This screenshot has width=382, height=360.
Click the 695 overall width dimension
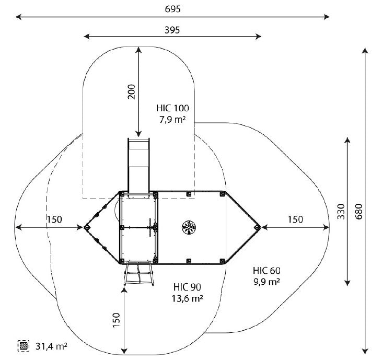point(173,9)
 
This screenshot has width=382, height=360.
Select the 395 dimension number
point(172,30)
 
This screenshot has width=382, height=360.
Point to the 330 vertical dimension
point(341,212)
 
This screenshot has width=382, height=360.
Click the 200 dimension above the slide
point(132,91)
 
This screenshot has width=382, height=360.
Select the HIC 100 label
point(172,108)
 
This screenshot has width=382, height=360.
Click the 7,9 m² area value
point(172,119)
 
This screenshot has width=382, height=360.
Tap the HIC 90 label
point(188,287)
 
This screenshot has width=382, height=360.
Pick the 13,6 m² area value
point(188,298)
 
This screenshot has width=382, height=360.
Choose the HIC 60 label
point(267,271)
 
